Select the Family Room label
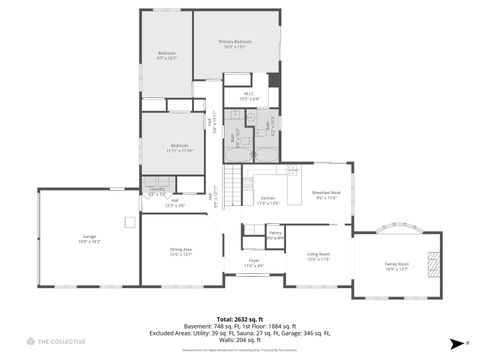tap(397, 266)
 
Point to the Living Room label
tap(318, 257)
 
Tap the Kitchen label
tap(268, 200)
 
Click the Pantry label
tap(275, 235)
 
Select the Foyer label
tap(254, 263)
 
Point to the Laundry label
tap(157, 190)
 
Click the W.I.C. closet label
tap(249, 96)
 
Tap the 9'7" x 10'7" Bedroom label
tap(166, 55)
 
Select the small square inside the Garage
tap(128, 222)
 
